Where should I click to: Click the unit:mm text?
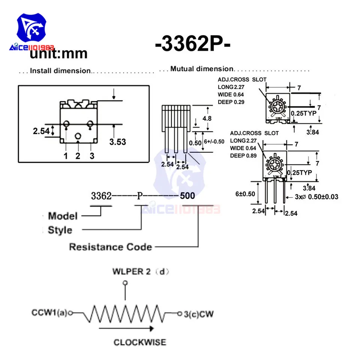pos(58,54)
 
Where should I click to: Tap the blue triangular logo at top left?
pos(33,28)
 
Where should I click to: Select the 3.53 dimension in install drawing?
pos(117,142)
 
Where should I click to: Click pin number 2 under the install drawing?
pos(78,156)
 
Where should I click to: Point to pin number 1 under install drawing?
pos(66,156)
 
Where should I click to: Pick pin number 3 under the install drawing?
pos(91,156)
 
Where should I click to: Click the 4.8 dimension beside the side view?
pos(207,118)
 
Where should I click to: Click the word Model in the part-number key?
pos(63,216)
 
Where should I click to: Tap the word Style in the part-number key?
pos(60,230)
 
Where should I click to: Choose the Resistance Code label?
pos(111,247)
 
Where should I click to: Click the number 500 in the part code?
pos(187,196)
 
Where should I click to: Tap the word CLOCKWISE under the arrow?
pos(139,342)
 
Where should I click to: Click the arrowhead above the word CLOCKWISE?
pos(151,328)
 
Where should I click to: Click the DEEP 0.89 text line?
pos(243,155)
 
